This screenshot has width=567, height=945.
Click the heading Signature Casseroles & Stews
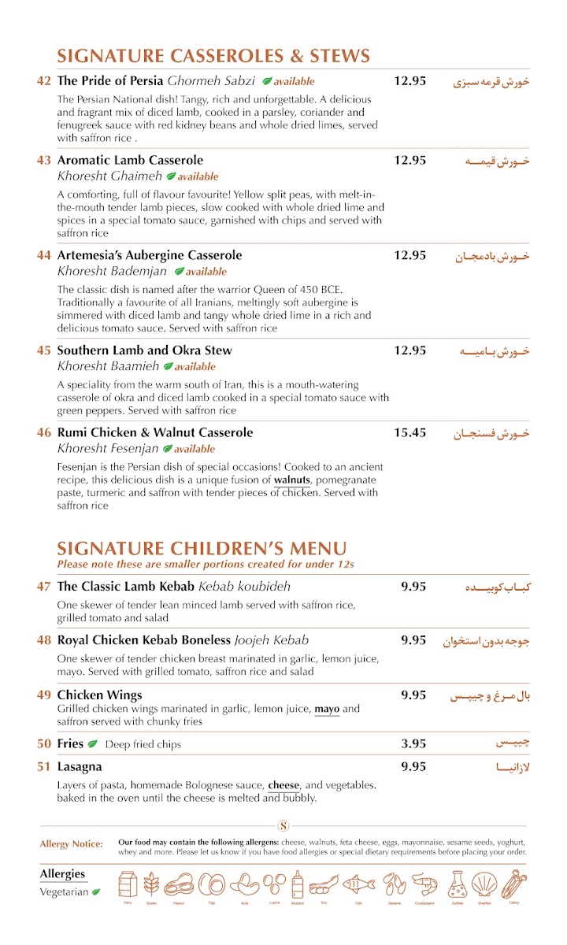213,56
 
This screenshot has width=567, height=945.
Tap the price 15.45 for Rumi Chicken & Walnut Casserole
410,432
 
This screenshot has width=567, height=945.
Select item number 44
44,255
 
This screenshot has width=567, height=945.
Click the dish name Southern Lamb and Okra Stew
144,350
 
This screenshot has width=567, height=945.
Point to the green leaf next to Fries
92,744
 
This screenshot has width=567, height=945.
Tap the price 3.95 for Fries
413,743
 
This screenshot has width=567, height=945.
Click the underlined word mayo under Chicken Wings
327,709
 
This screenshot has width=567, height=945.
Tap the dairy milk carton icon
128,884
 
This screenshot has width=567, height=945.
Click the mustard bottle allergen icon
297,884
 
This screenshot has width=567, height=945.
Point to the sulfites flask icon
458,884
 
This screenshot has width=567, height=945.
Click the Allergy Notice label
72,844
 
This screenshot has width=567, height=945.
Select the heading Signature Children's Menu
202,548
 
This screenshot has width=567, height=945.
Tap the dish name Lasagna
80,766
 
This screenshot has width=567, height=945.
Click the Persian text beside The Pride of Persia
491,81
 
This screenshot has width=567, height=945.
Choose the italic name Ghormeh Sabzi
212,81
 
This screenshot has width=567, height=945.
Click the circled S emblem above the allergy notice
283,826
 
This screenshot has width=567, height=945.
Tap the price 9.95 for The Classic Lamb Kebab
413,586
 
